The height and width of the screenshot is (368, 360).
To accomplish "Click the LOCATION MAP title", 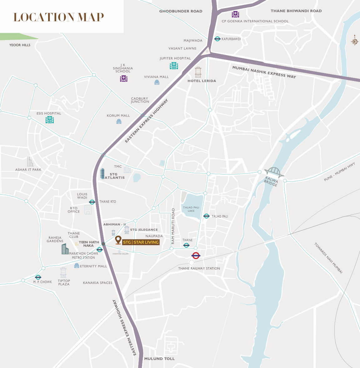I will pos(58,17).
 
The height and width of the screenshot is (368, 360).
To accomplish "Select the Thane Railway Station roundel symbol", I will pos(196,255).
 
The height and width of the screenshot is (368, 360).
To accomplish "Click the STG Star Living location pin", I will pos(118,240).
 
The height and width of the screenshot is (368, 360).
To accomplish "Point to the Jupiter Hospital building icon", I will pos(174,66).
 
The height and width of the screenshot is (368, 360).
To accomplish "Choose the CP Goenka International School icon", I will pos(235,14).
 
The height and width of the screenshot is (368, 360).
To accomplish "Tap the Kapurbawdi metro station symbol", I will pos(217,39).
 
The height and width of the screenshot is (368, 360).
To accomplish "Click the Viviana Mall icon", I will pos(157,82).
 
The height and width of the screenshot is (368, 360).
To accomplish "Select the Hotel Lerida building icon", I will pos(198,72).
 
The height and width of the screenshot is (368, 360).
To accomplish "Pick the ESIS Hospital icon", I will pos(49,120).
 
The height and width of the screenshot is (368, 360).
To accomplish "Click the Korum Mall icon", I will pos(119,121).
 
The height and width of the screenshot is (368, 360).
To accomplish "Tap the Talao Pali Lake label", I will pos(191,209).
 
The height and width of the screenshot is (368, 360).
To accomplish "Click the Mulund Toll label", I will pos(159,359).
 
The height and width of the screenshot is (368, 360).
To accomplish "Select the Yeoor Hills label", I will pos(20,45).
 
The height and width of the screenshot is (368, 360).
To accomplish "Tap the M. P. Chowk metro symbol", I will pos(38,277).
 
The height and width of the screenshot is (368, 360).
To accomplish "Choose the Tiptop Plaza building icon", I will pos(63,273).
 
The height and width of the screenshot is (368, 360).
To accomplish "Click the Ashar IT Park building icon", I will pos(30,162).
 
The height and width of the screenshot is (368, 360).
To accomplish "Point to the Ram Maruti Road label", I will pos(173,226).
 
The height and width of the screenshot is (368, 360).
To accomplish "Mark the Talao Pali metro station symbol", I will pos(206,216).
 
